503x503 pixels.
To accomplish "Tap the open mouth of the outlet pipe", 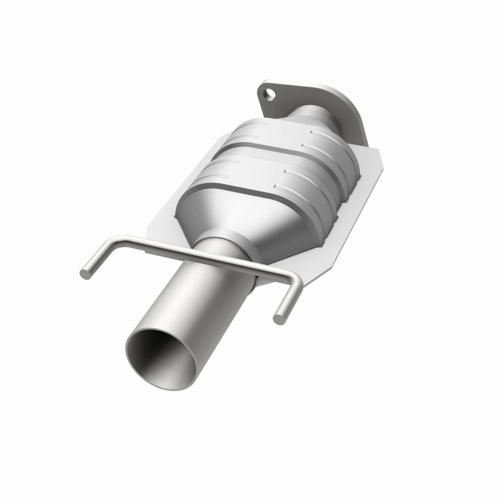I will pos(161,356).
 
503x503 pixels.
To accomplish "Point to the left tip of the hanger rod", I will pos(84,274).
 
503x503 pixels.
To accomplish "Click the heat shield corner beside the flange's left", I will pos(251,123).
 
